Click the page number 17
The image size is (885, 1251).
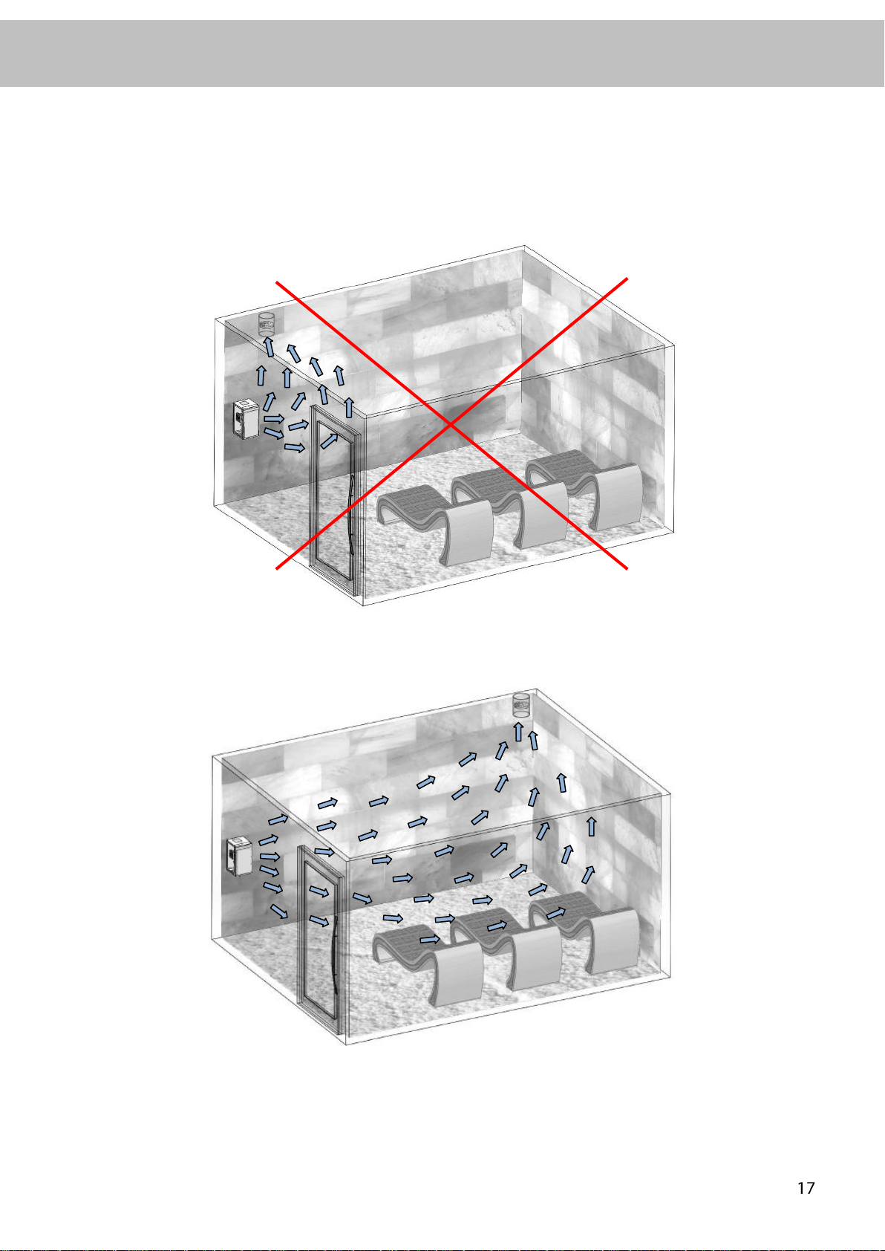tap(806, 1188)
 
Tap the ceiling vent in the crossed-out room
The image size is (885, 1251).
tap(267, 325)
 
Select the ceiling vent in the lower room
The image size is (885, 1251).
tap(520, 705)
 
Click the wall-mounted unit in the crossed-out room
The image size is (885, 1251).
tap(246, 419)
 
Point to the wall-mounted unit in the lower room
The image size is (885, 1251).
tap(239, 855)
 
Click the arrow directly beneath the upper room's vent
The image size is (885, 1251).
tap(269, 347)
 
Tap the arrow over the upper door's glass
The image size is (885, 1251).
tap(329, 441)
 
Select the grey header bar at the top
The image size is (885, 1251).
tap(442, 53)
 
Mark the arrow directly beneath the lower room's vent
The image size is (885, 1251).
tap(518, 732)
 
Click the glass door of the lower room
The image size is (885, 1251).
tap(320, 940)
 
